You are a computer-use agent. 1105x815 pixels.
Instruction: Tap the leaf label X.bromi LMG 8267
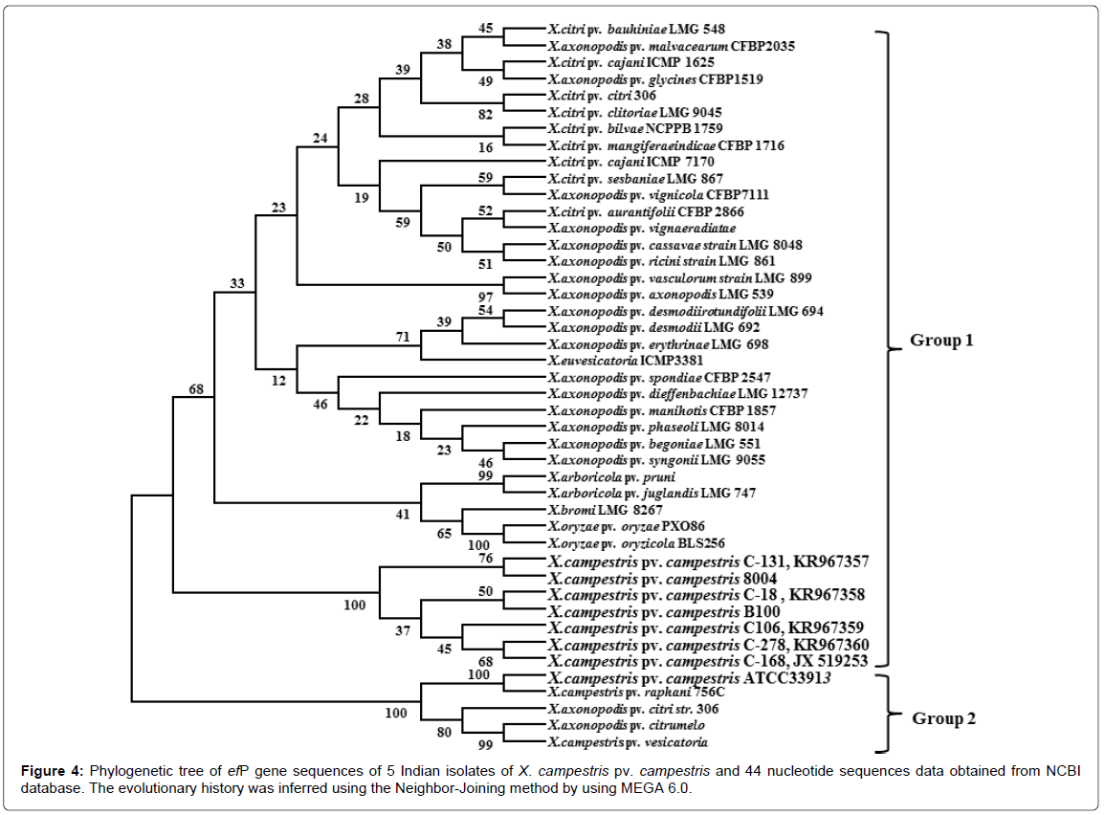pyautogui.click(x=590, y=511)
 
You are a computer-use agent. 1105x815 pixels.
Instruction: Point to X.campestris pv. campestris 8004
pyautogui.click(x=661, y=579)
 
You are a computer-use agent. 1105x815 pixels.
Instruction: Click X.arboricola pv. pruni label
pyautogui.click(x=600, y=476)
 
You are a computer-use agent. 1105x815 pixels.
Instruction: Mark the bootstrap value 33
pyautogui.click(x=237, y=283)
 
